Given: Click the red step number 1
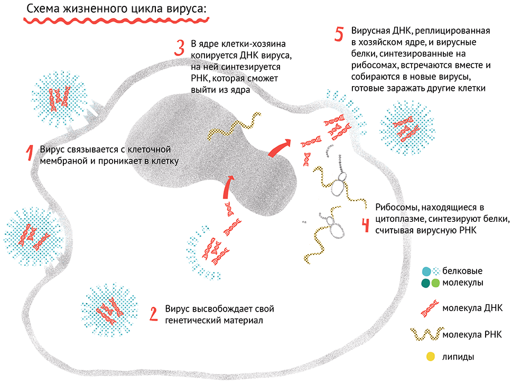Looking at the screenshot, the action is point(30,153).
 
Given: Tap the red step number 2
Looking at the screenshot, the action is point(153,314).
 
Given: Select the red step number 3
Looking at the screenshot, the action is point(179,48).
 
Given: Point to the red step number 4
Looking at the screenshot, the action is point(366,225).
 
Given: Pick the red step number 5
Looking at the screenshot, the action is point(339,34).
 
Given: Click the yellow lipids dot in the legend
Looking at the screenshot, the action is point(431,356).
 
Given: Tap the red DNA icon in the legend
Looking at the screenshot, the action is point(430,308).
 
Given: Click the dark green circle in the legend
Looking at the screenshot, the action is point(425,283).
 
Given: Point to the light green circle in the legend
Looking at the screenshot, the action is point(435,283).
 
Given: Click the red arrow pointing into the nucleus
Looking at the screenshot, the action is point(227,186).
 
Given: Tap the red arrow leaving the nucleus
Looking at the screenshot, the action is point(279,148).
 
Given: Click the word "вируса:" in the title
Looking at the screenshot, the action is point(188,9).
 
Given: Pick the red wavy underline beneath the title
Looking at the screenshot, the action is point(116,21).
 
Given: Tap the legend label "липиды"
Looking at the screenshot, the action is point(458,357).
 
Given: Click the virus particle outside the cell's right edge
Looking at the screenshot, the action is point(407,128).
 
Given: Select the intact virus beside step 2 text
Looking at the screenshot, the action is point(109,310).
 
